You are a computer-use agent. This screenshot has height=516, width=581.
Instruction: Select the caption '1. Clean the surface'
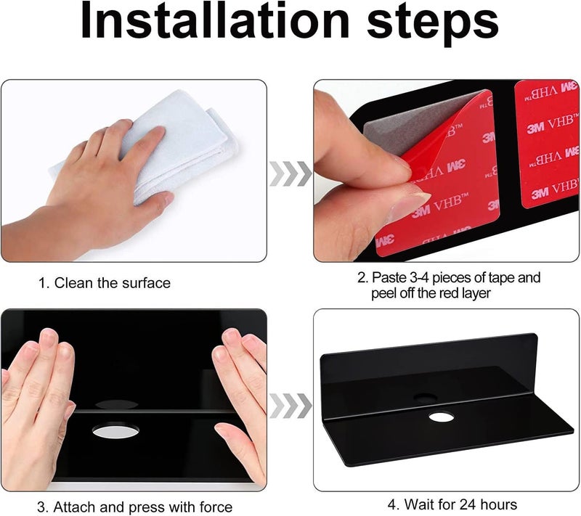105,283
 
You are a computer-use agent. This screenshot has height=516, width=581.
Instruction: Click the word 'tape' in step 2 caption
501,278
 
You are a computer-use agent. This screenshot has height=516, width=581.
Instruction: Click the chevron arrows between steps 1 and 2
290,173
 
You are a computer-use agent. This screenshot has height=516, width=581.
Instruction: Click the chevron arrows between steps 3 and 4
290,406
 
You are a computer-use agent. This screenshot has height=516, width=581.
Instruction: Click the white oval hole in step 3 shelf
115,431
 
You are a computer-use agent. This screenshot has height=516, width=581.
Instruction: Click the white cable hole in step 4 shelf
442,417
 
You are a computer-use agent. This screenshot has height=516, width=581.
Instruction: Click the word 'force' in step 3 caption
216,507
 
